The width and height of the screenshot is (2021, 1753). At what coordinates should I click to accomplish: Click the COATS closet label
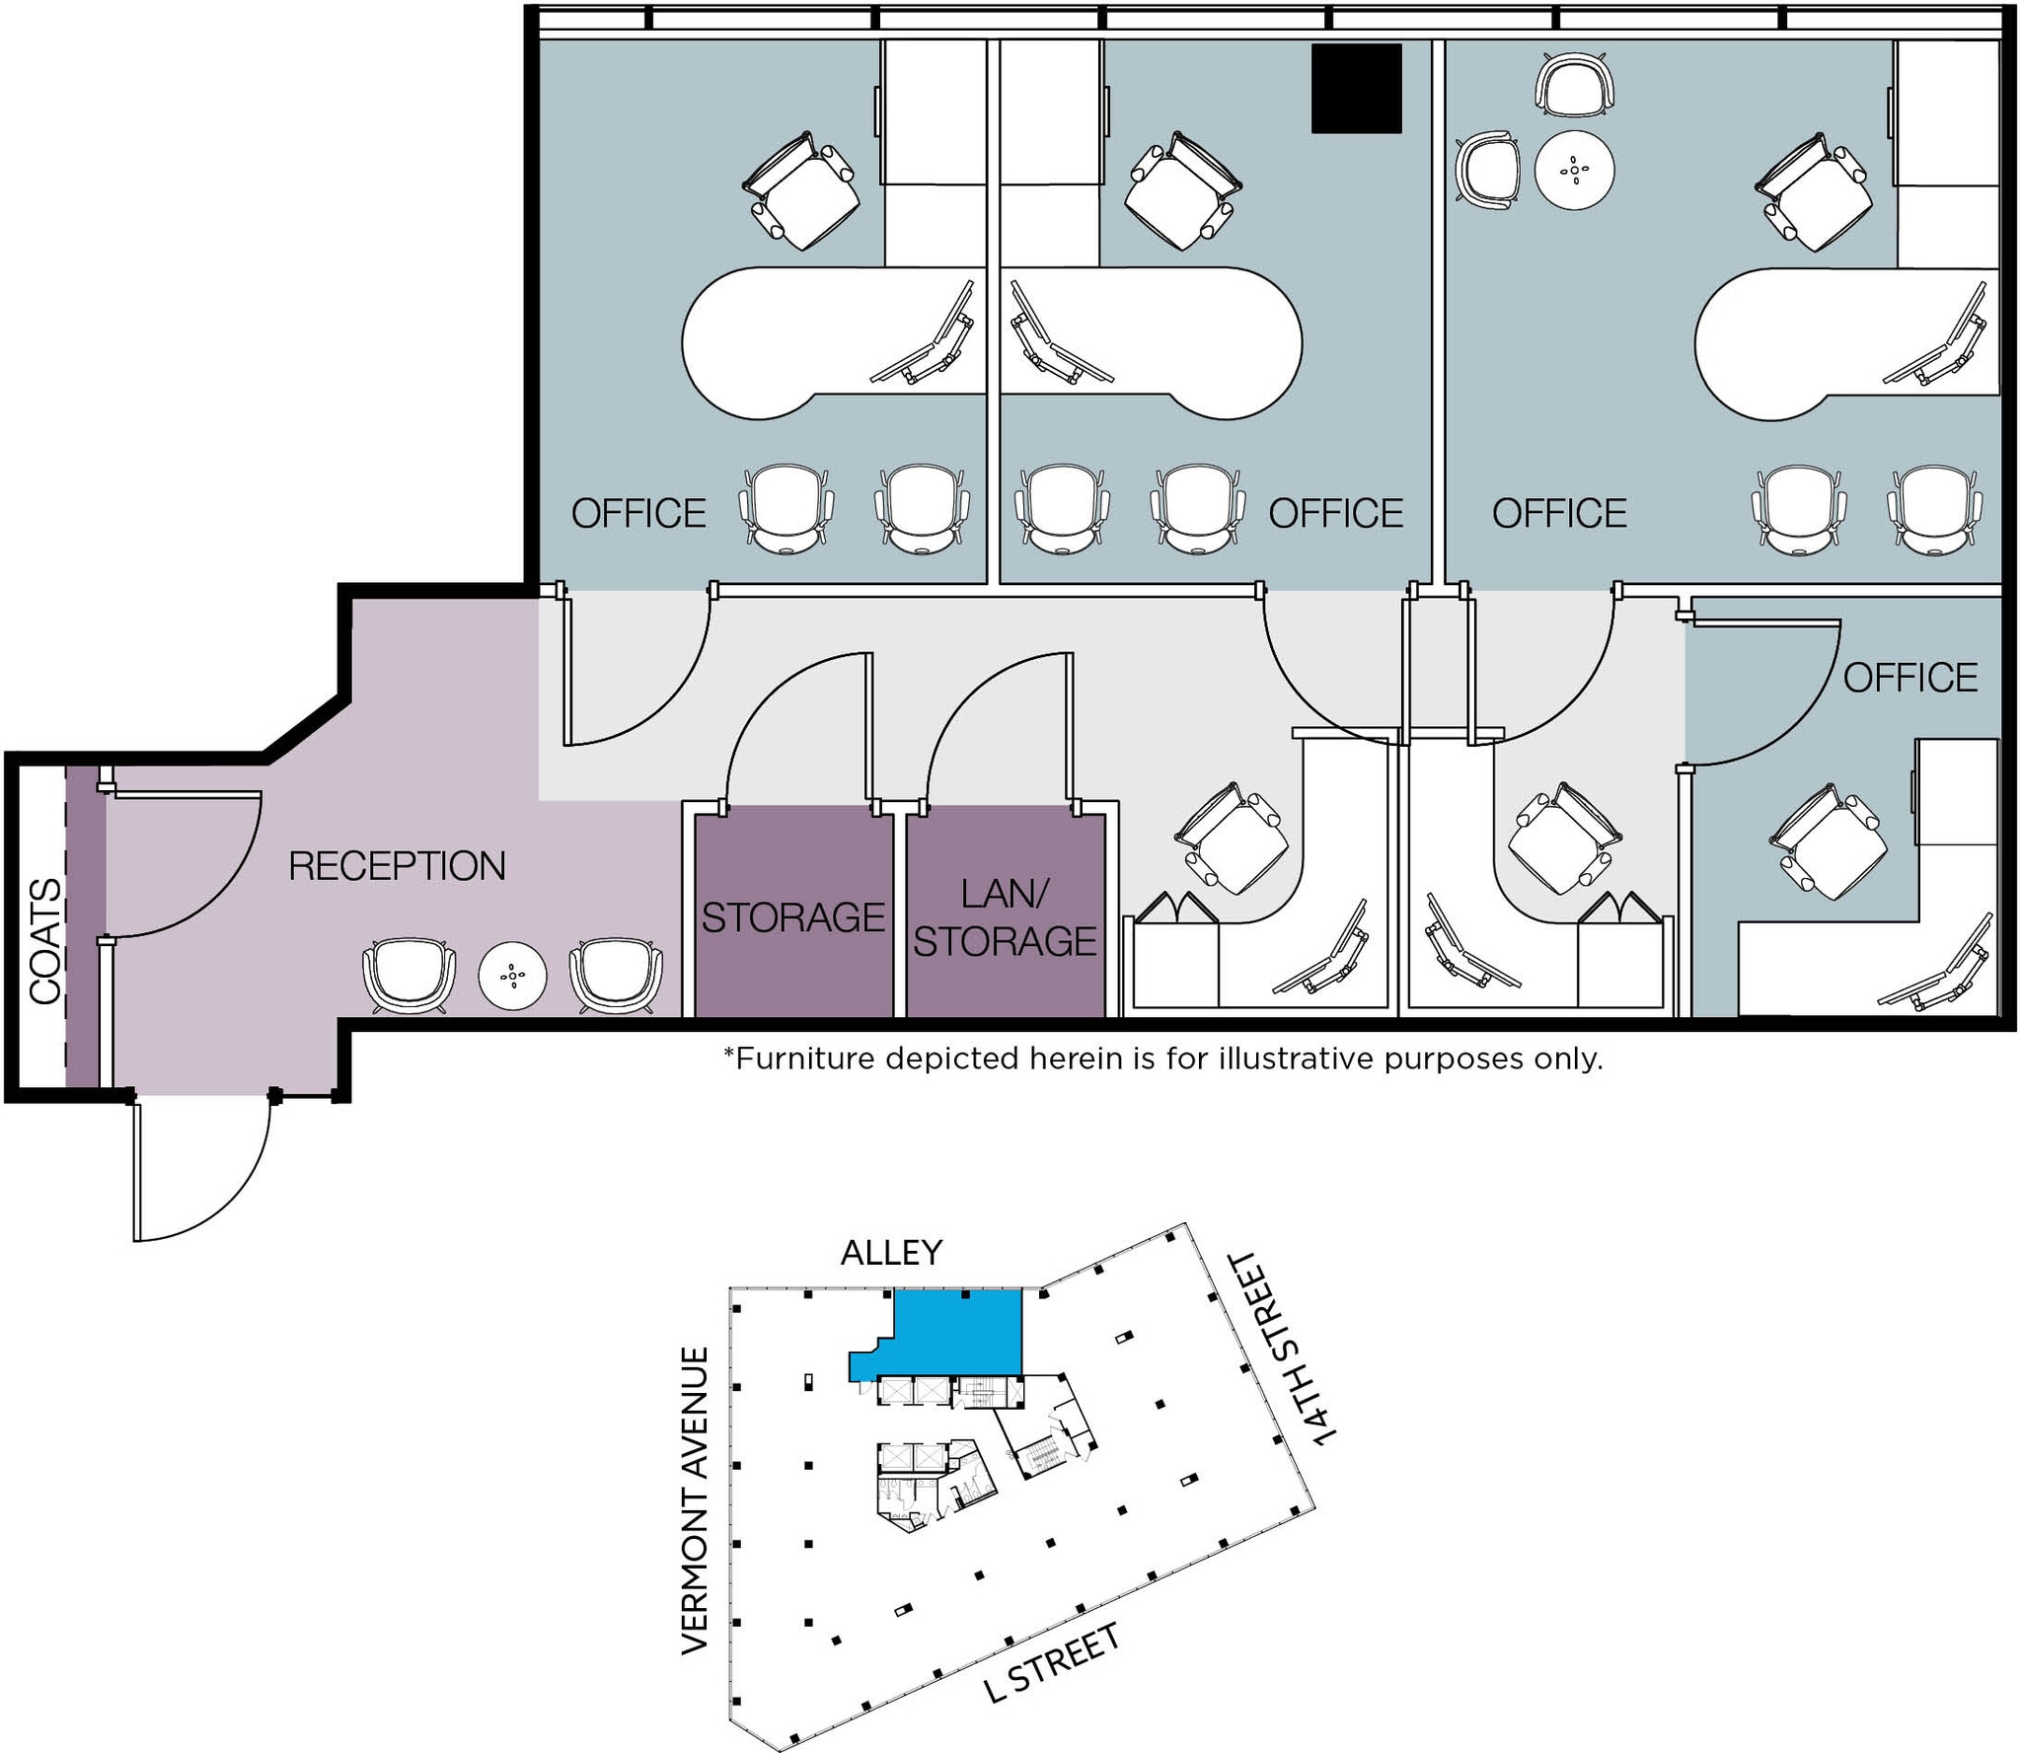45,941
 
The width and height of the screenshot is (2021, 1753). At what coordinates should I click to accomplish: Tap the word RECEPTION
397,866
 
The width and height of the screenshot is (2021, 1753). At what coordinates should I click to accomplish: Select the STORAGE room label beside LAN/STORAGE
792,917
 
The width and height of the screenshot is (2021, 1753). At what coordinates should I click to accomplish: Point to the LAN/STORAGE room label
1005,917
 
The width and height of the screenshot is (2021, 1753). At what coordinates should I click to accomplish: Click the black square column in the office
1356,88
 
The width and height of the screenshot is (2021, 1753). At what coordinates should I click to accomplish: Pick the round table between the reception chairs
512,976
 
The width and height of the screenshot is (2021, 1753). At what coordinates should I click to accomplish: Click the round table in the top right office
1574,170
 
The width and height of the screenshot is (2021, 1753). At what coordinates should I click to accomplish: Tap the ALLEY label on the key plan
891,1253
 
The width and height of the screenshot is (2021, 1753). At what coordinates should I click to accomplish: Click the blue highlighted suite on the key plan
957,1332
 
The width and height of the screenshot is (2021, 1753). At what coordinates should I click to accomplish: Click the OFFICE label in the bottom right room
1909,678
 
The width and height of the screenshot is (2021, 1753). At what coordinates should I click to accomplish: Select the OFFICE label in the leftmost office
638,513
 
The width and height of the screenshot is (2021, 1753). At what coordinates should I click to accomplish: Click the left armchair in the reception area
410,975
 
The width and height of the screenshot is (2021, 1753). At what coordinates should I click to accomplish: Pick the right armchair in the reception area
616,975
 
